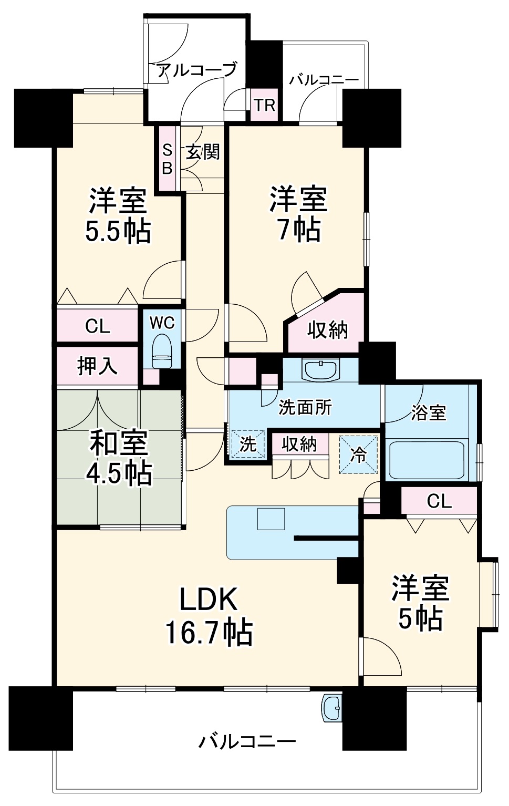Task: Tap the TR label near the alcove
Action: click(265, 106)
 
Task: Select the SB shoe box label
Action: click(167, 159)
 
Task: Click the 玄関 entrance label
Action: click(203, 152)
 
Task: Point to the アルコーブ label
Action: click(196, 70)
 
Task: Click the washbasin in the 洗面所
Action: click(320, 370)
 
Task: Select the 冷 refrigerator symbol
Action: click(359, 454)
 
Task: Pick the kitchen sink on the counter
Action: click(271, 519)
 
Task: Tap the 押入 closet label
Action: click(97, 366)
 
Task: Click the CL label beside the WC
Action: click(98, 326)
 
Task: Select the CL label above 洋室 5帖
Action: click(439, 501)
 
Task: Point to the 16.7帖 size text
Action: click(209, 633)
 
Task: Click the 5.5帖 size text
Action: click(118, 231)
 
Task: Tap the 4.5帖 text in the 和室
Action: click(120, 472)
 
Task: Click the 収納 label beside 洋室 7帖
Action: click(328, 330)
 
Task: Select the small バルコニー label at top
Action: click(324, 80)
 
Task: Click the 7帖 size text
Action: click(299, 229)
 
